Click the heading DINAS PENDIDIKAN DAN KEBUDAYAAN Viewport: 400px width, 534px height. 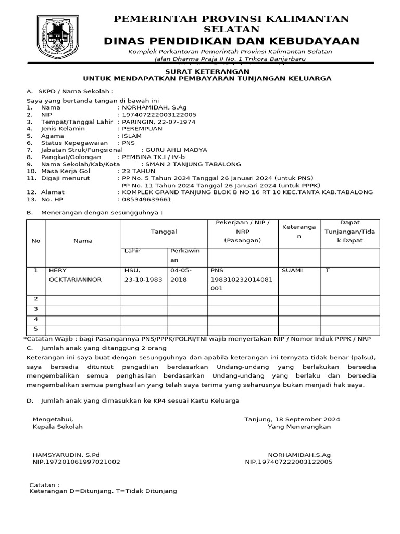click(231, 41)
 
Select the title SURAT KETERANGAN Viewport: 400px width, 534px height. click(207, 71)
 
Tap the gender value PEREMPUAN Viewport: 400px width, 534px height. click(142, 128)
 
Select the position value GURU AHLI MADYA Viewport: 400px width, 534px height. click(177, 150)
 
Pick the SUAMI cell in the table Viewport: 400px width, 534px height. click(292, 271)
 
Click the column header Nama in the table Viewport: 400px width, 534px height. click(83, 241)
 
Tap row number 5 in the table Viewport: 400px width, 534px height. click(36, 329)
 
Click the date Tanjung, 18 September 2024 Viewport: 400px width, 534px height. click(292, 419)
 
